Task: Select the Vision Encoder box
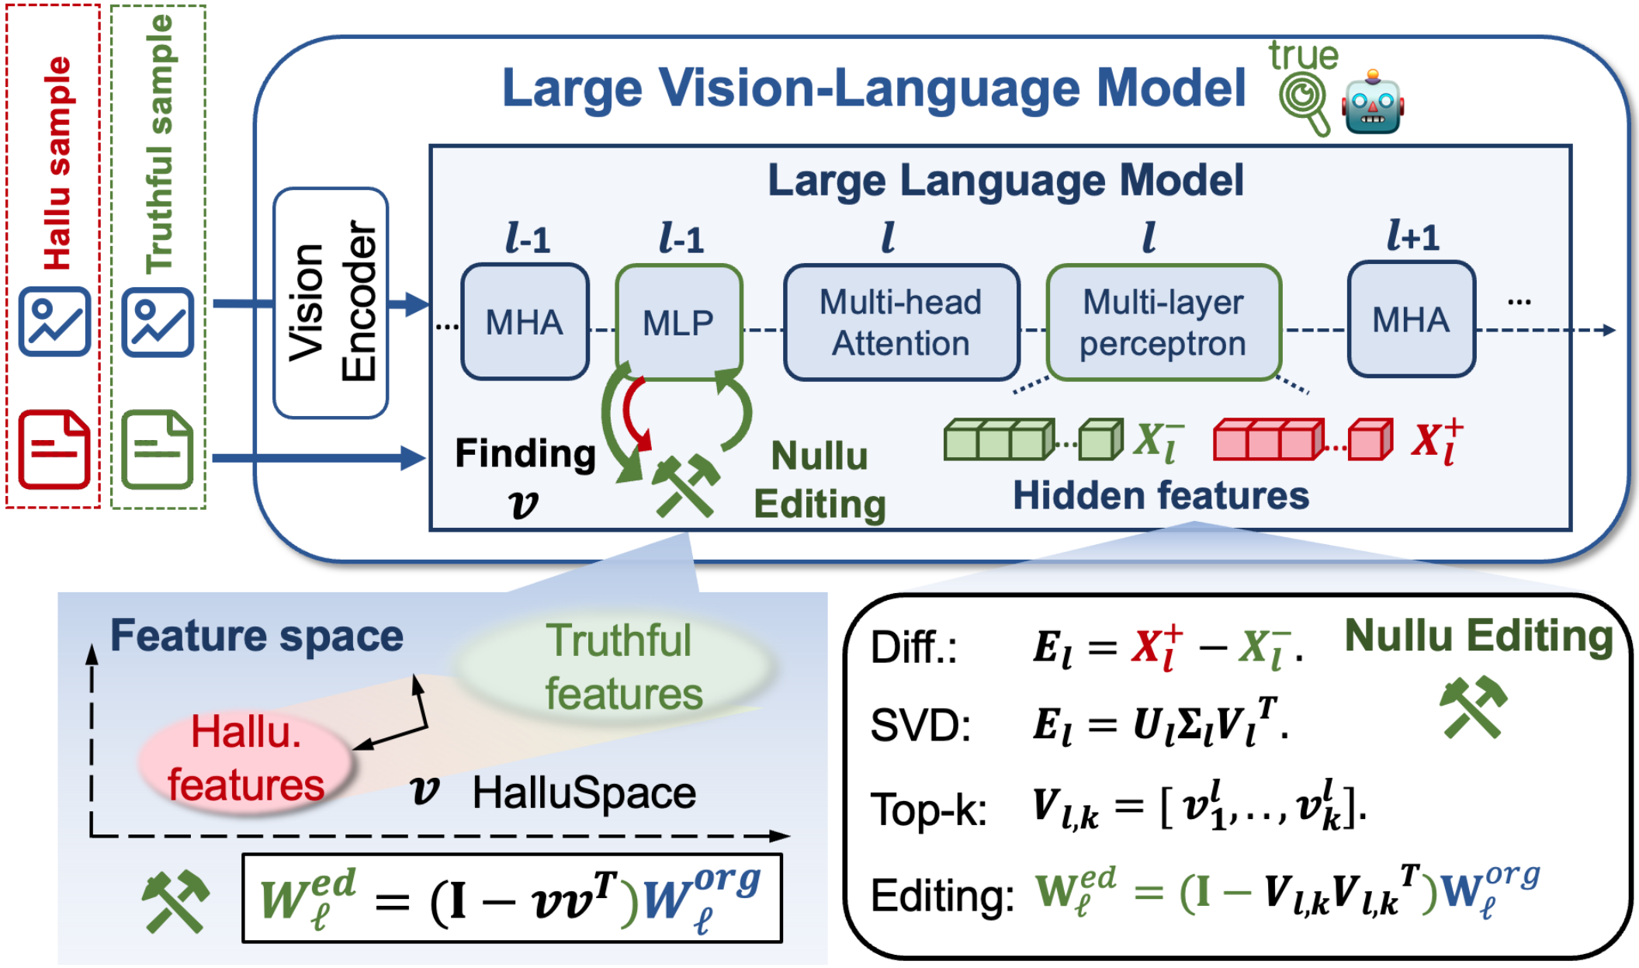click(x=331, y=303)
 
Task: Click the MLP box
click(x=679, y=321)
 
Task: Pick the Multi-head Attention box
click(x=901, y=322)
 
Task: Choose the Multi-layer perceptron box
click(x=1163, y=322)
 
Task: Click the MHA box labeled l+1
click(x=1411, y=319)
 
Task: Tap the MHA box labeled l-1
click(x=525, y=321)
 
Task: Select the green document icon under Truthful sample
click(x=157, y=449)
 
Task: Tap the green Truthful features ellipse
click(x=615, y=666)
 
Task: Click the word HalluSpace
click(x=584, y=793)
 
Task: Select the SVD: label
click(x=920, y=726)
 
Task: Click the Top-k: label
click(x=929, y=810)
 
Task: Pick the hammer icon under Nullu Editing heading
click(x=1472, y=706)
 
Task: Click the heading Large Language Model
click(x=1006, y=180)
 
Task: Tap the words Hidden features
click(x=1161, y=495)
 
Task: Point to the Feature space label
click(x=257, y=637)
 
